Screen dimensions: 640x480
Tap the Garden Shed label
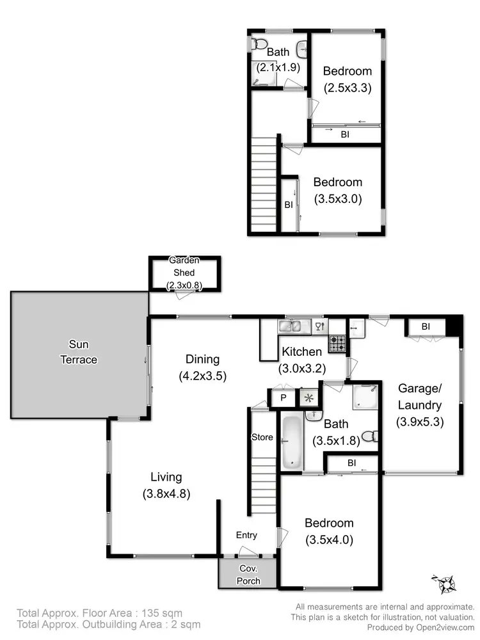[x=184, y=273]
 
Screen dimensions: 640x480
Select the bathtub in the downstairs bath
[x=291, y=442]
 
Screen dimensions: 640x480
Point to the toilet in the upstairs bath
[x=259, y=45]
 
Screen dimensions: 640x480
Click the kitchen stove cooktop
[x=337, y=343]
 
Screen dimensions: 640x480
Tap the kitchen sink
[x=294, y=326]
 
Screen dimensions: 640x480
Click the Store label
[x=262, y=438]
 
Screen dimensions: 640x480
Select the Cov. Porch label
[x=248, y=574]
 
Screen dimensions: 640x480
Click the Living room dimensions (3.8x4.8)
[x=166, y=493]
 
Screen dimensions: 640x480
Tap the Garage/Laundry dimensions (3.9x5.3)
[x=420, y=422]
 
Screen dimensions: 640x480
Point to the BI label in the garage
[x=425, y=327]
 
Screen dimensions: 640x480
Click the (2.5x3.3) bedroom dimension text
[x=347, y=87]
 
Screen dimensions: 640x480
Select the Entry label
[x=246, y=535]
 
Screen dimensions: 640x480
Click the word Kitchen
[x=301, y=351]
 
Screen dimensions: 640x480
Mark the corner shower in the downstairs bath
[x=364, y=397]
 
